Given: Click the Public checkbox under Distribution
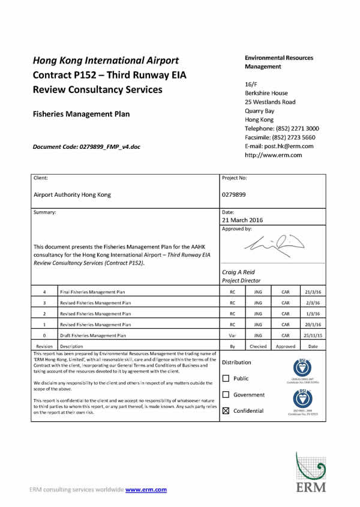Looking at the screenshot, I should pyautogui.click(x=226, y=379).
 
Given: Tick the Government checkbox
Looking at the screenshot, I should pyautogui.click(x=226, y=395).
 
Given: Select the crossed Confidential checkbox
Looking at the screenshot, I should pyautogui.click(x=226, y=411).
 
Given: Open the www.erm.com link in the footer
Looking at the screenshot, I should pyautogui.click(x=146, y=490).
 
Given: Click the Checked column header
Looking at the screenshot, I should pyautogui.click(x=258, y=346).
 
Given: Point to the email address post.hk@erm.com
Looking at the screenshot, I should pyautogui.click(x=279, y=146).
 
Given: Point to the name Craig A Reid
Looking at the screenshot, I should pyautogui.click(x=239, y=272).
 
